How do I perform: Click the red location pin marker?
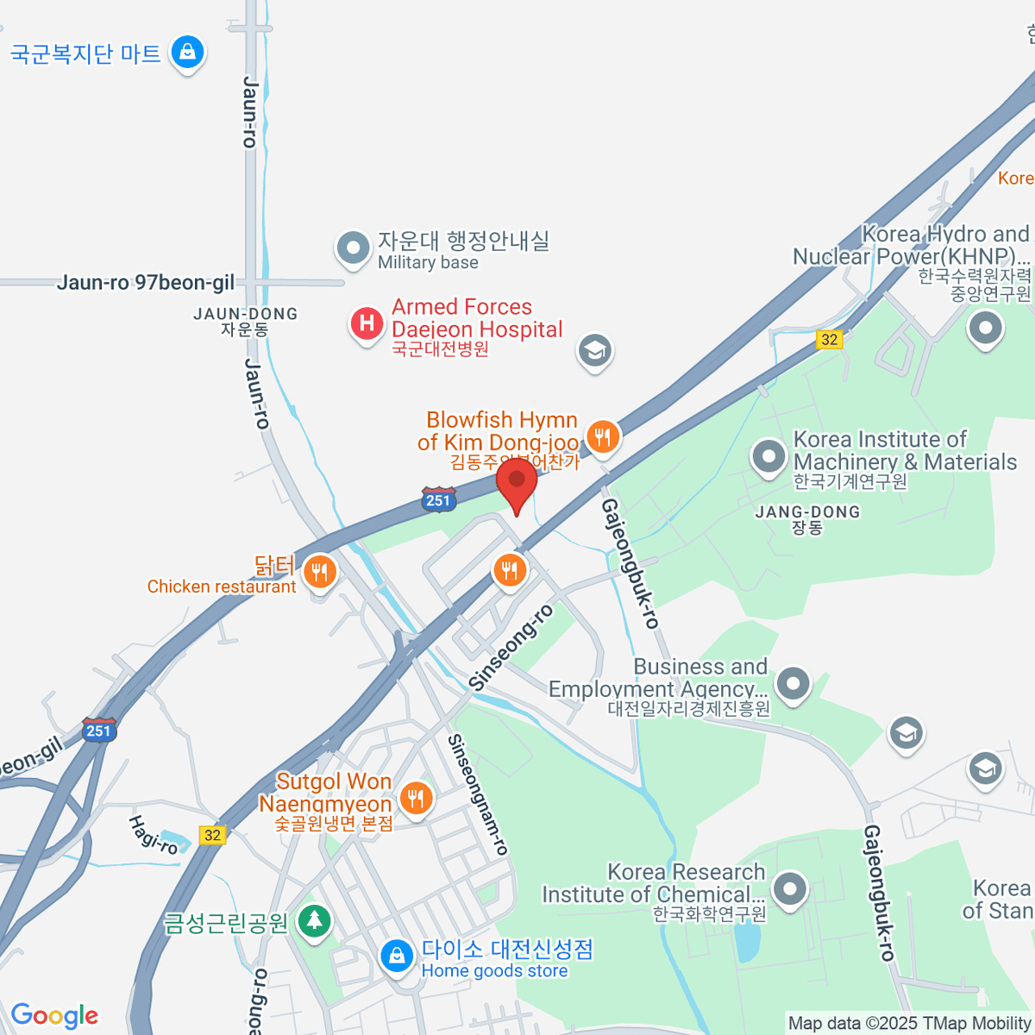(517, 480)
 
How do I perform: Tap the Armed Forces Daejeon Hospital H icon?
(367, 324)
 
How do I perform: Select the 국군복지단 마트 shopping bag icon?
(187, 52)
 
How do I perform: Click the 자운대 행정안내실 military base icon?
(352, 248)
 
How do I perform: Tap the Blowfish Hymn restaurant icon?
(603, 437)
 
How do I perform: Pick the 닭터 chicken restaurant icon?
(320, 570)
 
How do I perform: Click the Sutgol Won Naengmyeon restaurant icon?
(417, 797)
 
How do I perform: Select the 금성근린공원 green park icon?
(314, 920)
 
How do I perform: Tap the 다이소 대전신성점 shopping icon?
(397, 955)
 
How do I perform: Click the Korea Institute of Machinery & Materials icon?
(768, 456)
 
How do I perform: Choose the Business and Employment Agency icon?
(793, 684)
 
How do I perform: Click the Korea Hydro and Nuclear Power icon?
(986, 328)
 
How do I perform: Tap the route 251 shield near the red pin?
(438, 499)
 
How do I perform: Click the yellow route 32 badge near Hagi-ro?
(212, 835)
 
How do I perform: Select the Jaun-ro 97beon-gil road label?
(146, 283)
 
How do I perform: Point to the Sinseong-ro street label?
(511, 647)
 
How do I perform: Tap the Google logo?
(54, 1016)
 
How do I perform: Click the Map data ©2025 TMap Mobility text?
(909, 1024)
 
